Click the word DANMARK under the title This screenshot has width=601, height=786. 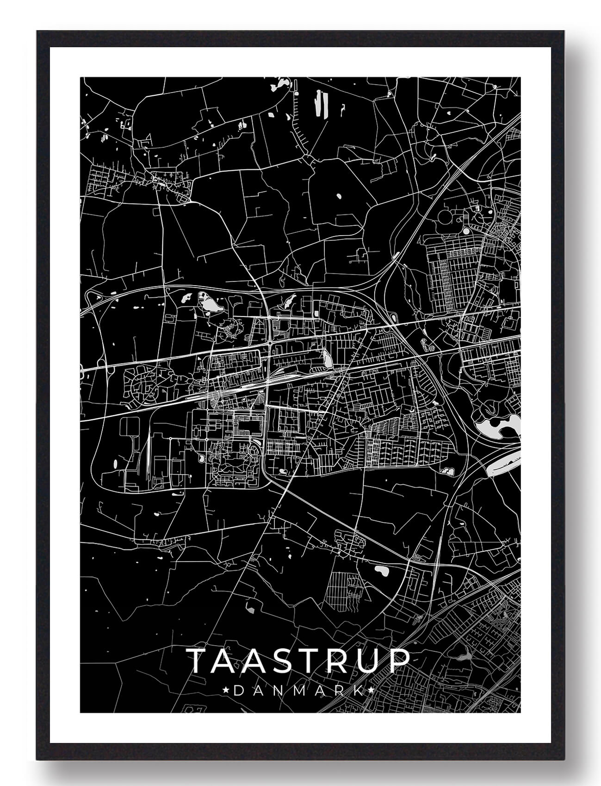[x=299, y=691]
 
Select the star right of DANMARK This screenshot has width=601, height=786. [x=372, y=691]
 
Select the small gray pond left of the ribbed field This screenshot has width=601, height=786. [x=250, y=608]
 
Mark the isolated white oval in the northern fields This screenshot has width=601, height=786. [x=339, y=195]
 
